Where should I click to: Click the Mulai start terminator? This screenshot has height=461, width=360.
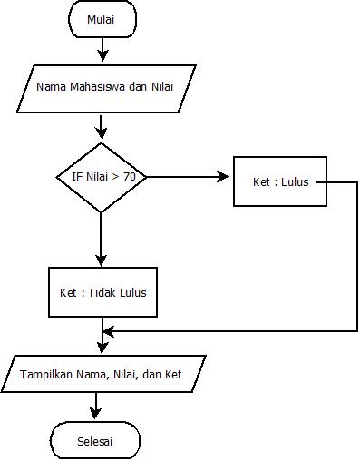click(x=102, y=19)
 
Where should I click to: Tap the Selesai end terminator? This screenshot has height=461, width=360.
click(x=95, y=442)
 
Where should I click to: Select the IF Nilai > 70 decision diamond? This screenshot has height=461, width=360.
click(x=101, y=178)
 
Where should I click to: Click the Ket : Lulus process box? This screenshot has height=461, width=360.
click(x=280, y=181)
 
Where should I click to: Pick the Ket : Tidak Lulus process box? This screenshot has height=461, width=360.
click(x=102, y=293)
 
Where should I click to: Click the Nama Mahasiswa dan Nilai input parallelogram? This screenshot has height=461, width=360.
click(x=106, y=88)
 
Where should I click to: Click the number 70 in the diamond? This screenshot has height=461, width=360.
click(x=130, y=178)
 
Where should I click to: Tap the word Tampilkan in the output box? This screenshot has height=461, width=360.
click(x=47, y=373)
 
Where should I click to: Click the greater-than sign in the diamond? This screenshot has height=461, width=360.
click(x=116, y=178)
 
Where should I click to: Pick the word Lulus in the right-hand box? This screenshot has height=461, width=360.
click(x=295, y=181)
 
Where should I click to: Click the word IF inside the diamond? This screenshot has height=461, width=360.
click(x=76, y=178)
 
